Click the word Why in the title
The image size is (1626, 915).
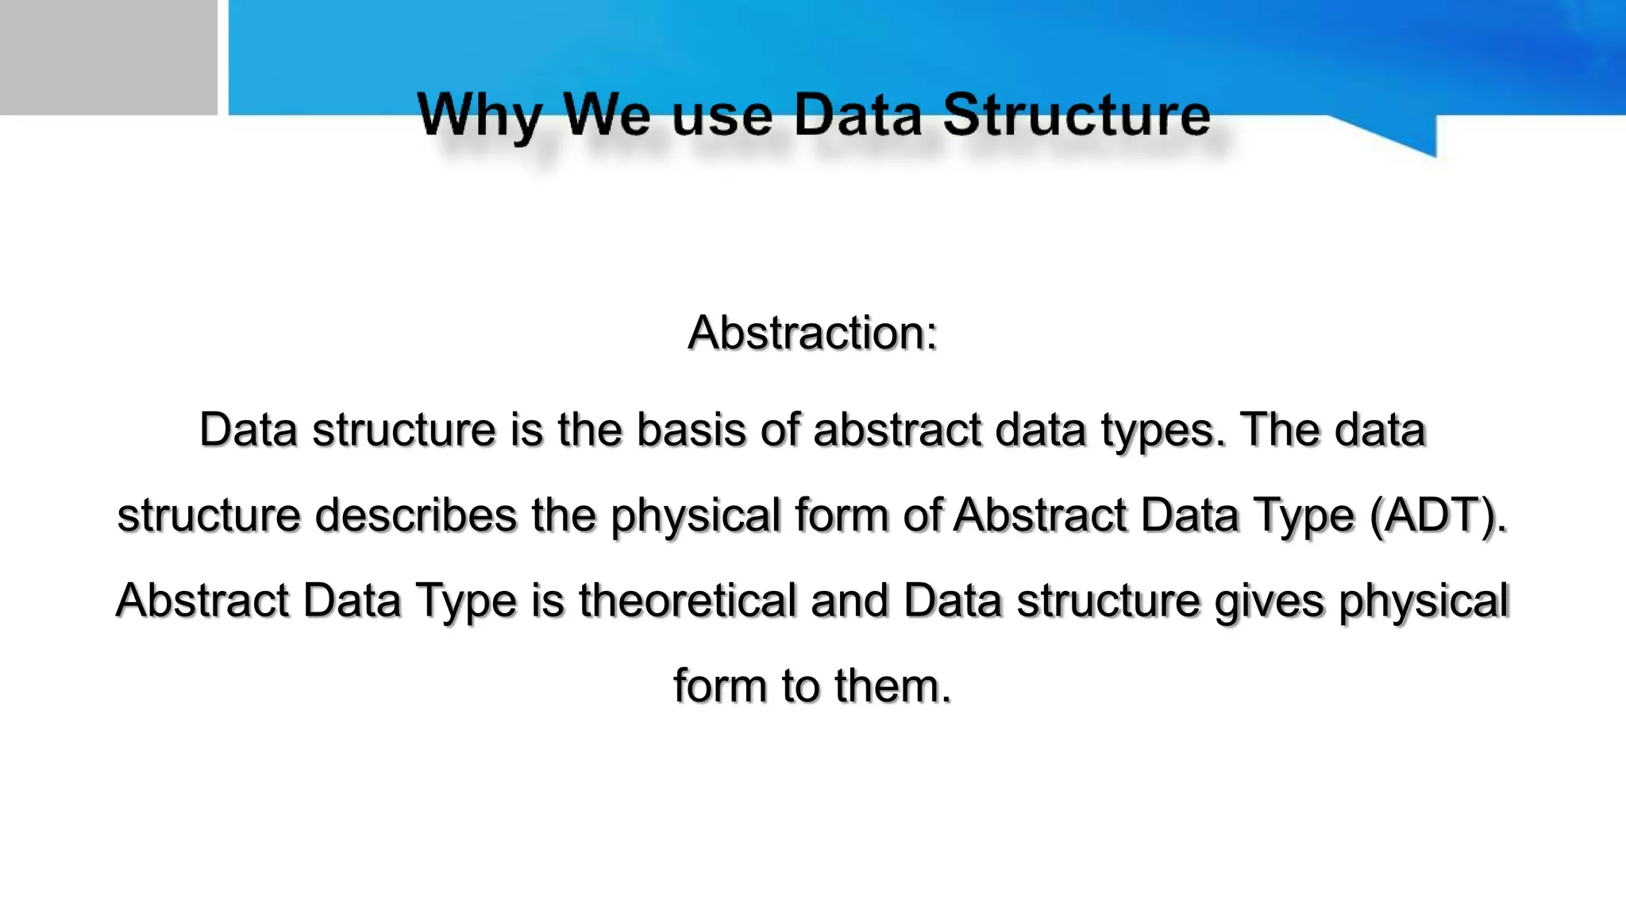[479, 117]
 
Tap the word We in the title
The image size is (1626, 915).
[607, 115]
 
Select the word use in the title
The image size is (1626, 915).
[722, 117]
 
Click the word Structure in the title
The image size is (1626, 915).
[1076, 115]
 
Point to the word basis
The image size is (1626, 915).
[691, 430]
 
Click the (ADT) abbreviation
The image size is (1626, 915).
[1438, 515]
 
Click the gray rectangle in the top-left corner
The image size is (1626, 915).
[108, 57]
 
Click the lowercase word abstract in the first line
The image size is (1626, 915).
[897, 430]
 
